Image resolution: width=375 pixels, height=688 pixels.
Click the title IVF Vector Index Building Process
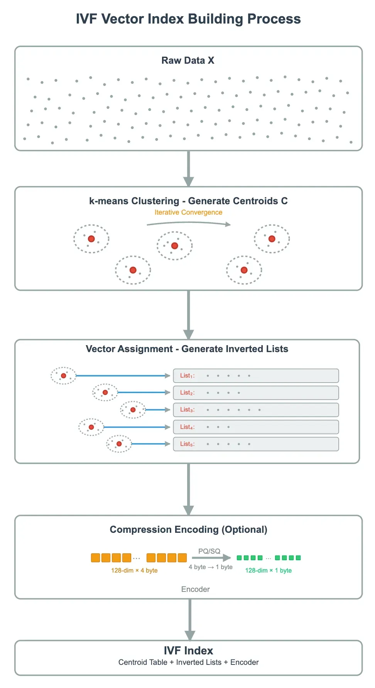tap(188, 19)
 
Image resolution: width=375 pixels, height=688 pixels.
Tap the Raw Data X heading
tap(187, 61)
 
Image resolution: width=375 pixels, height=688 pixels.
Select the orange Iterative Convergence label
tap(188, 212)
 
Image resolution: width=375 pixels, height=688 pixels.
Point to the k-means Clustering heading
tap(188, 201)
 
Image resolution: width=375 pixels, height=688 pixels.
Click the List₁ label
tap(187, 376)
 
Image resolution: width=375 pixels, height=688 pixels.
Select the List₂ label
tap(187, 393)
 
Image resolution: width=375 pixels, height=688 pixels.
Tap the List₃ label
tap(187, 410)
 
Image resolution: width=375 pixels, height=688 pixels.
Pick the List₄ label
tap(187, 427)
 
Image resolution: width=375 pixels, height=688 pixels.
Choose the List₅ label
tap(187, 444)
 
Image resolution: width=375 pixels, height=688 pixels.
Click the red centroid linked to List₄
tap(91, 427)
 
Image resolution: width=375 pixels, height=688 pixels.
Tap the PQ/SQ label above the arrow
tap(209, 551)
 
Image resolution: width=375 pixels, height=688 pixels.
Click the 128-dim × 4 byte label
tap(134, 571)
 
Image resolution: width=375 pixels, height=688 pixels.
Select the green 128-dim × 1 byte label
tap(268, 571)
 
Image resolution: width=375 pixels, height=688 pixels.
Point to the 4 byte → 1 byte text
tap(211, 567)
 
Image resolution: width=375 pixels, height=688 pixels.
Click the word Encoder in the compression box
tap(195, 590)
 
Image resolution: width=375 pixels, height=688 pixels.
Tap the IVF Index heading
tap(188, 651)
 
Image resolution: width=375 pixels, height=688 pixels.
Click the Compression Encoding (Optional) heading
tap(188, 530)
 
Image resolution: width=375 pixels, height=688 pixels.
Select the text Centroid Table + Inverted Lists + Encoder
tap(188, 663)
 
